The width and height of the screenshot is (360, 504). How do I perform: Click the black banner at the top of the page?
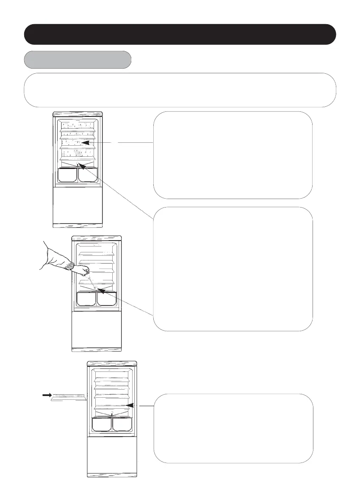click(x=180, y=34)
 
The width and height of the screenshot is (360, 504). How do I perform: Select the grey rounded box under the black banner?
click(x=78, y=60)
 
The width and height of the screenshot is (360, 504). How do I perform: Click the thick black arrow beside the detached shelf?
click(x=45, y=396)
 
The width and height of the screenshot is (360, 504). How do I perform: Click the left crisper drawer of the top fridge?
click(x=67, y=175)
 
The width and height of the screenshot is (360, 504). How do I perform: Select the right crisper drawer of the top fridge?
click(x=88, y=175)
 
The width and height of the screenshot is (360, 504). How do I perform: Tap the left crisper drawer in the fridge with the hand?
click(x=86, y=299)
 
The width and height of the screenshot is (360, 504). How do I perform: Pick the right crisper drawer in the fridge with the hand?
click(x=107, y=299)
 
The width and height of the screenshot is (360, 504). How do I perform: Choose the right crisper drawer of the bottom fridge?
click(x=122, y=425)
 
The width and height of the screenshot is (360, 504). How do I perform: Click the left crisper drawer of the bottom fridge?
click(x=102, y=425)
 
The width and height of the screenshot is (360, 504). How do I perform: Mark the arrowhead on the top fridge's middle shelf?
click(x=85, y=143)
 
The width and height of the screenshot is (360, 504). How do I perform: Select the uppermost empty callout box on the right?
click(x=233, y=155)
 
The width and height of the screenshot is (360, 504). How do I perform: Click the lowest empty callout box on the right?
click(x=233, y=428)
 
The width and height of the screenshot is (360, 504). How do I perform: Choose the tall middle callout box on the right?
click(x=233, y=269)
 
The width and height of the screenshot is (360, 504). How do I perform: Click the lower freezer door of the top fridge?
click(x=77, y=205)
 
